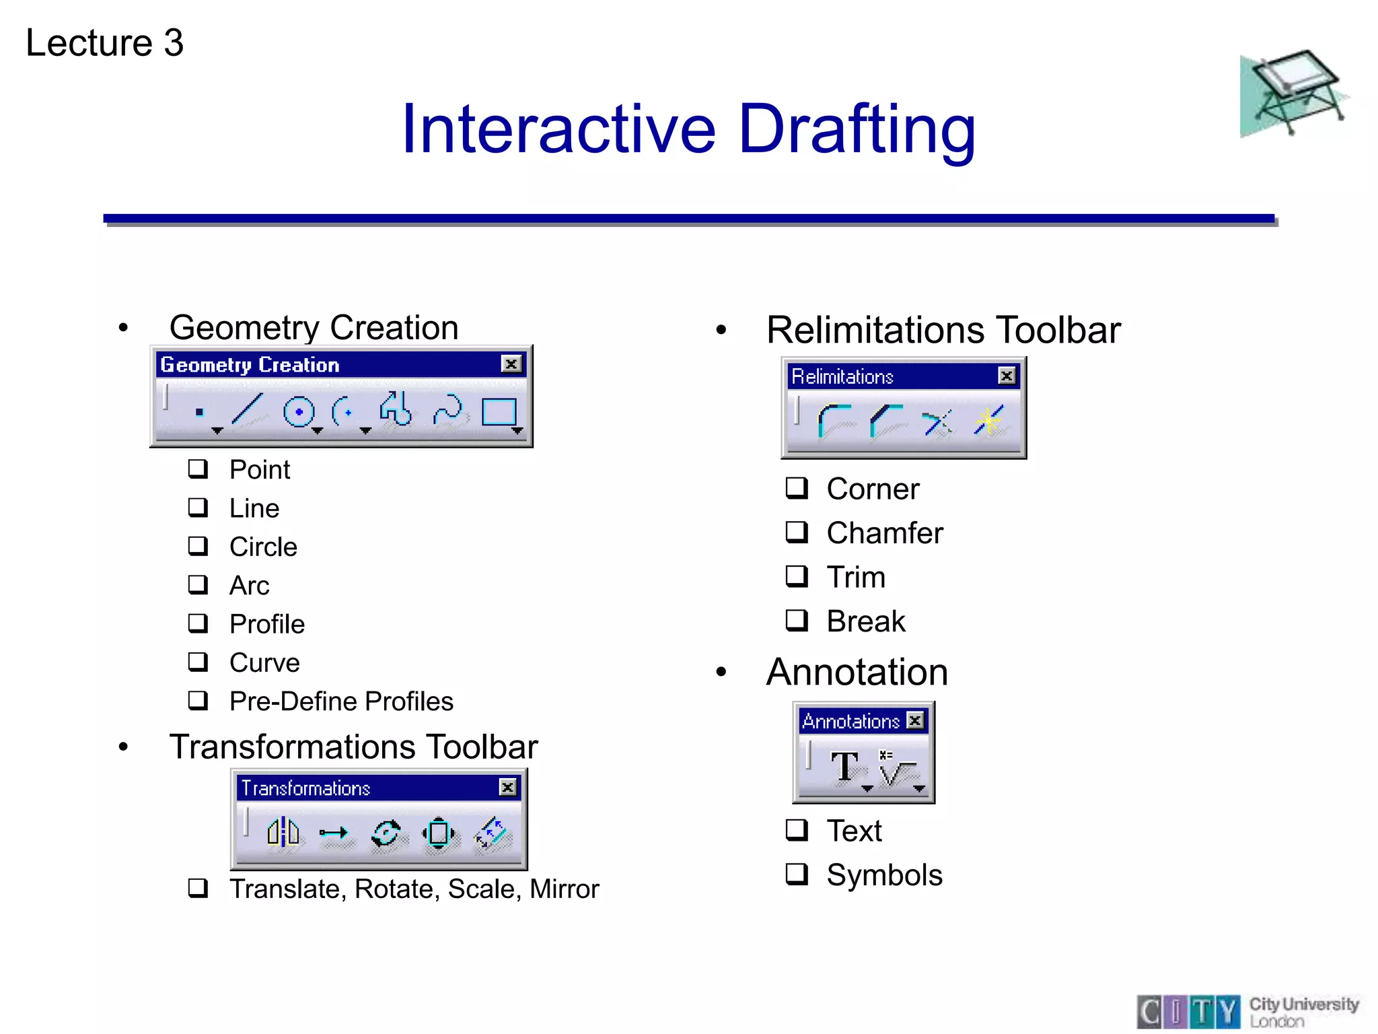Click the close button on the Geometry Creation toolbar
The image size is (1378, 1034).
tap(511, 364)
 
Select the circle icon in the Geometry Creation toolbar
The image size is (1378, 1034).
tap(299, 411)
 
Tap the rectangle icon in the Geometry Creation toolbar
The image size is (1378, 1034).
tap(499, 411)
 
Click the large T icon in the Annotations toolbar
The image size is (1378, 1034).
tap(844, 766)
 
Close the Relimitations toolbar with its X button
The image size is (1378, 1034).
tap(1006, 376)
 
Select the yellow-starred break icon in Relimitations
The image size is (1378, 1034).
tap(988, 421)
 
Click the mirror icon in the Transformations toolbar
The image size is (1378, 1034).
tap(283, 832)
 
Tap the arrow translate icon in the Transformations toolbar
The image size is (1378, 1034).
tap(333, 833)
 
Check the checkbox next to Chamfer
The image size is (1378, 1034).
tap(797, 532)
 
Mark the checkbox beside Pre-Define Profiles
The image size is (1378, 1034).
tap(198, 700)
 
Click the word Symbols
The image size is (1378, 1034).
tap(884, 875)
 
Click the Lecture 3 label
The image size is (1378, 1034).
tap(104, 42)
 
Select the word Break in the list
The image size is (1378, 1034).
tap(866, 621)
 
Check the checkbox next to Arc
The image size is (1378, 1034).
tap(198, 584)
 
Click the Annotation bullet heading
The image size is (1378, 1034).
tap(857, 672)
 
